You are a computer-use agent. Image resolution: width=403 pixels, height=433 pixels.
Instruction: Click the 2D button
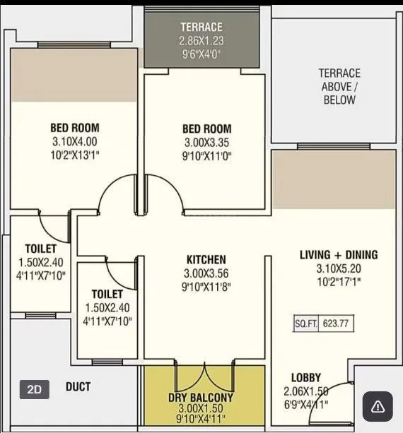(35, 388)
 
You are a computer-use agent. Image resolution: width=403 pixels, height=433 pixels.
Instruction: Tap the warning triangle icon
(378, 405)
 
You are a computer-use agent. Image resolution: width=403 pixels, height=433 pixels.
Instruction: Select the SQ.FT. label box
(306, 324)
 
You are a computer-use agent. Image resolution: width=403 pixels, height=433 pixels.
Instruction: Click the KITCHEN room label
(206, 260)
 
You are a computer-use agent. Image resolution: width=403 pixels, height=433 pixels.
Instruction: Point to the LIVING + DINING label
(339, 255)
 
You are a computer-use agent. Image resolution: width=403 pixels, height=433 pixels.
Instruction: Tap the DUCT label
(78, 387)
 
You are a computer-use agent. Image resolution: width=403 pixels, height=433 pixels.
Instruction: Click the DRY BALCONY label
(204, 398)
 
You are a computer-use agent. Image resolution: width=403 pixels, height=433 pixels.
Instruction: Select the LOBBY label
(305, 378)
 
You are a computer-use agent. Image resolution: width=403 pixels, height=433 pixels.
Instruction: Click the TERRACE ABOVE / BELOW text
(339, 86)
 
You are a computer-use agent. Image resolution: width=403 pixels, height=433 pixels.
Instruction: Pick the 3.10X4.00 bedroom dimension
(74, 141)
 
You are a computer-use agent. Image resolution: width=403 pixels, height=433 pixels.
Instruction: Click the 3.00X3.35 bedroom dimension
(206, 142)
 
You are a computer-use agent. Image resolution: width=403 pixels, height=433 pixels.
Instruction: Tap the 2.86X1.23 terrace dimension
(201, 40)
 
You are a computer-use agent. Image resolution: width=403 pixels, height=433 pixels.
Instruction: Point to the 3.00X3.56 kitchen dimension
(206, 273)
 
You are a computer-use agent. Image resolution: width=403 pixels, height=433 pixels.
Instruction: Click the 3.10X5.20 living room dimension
(339, 268)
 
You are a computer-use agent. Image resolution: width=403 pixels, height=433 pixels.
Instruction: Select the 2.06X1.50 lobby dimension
(306, 391)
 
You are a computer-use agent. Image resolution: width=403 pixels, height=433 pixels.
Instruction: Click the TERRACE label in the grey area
(201, 27)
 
